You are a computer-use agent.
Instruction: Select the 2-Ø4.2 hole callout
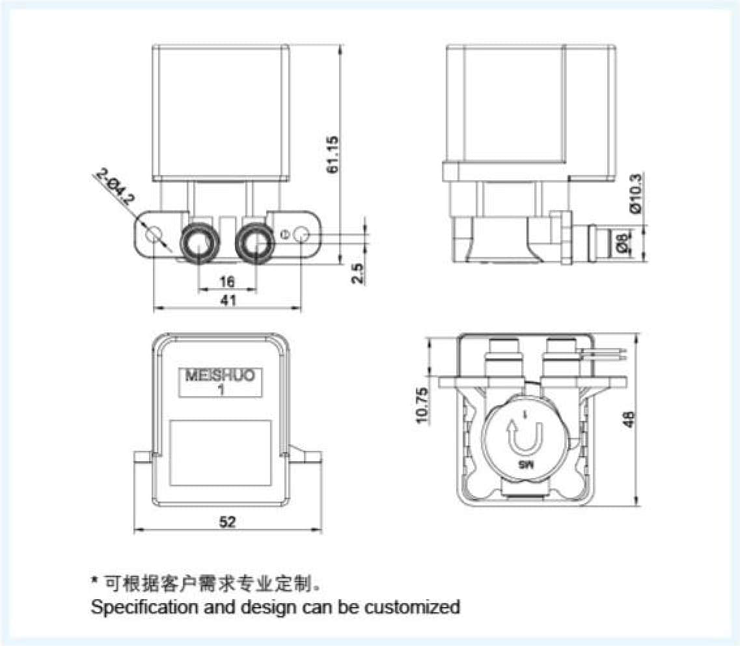pyautogui.click(x=115, y=187)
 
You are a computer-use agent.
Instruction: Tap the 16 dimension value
pyautogui.click(x=227, y=282)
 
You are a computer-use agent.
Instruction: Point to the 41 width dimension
pyautogui.click(x=228, y=300)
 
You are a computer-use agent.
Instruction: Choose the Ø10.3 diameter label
pyautogui.click(x=637, y=193)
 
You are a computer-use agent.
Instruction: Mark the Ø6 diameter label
pyautogui.click(x=623, y=243)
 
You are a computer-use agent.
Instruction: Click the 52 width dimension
pyautogui.click(x=228, y=522)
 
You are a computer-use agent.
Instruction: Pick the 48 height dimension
pyautogui.click(x=629, y=422)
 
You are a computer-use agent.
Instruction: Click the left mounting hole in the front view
pyautogui.click(x=153, y=234)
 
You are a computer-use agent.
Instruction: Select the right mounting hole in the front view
pyautogui.click(x=301, y=234)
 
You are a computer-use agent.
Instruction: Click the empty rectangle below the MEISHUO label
pyautogui.click(x=220, y=453)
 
